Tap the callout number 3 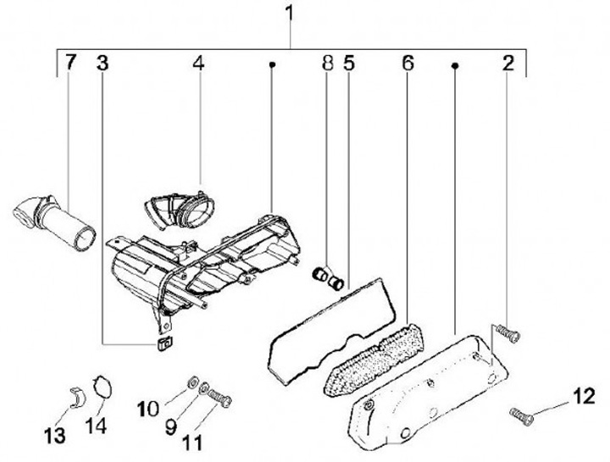pos(102,63)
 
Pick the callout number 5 pos(348,63)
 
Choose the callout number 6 pos(408,63)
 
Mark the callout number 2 pos(507,63)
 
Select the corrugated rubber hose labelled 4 pos(180,208)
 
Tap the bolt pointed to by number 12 pos(519,414)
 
